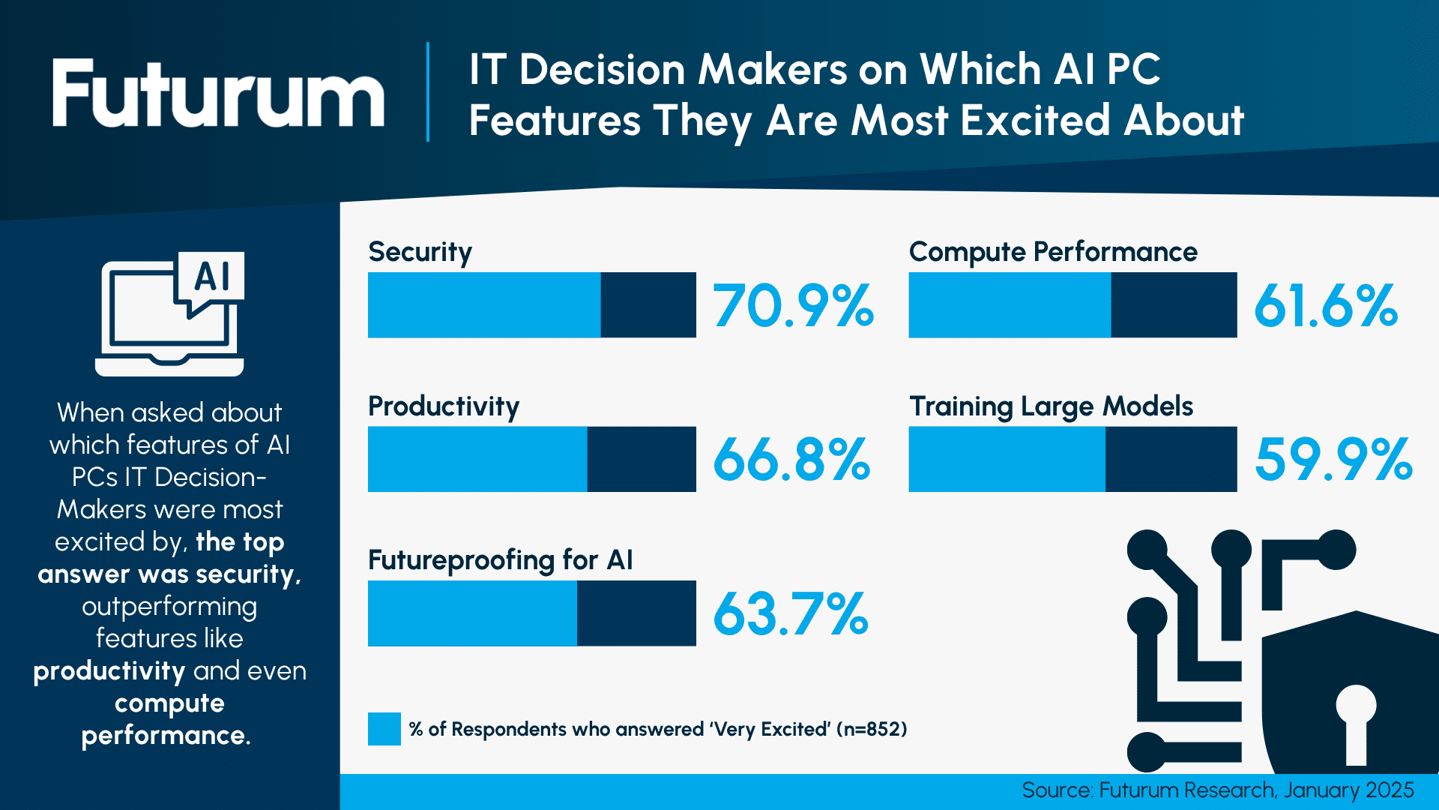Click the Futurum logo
[217, 93]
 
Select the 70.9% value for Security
[793, 306]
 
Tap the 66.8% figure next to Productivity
[791, 460]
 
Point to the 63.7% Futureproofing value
[791, 614]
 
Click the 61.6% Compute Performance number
[1326, 306]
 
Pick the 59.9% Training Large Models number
[1333, 460]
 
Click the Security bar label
[420, 253]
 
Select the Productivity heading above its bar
[444, 406]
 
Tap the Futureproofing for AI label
[500, 560]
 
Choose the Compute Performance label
[1053, 253]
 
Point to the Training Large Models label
[1051, 406]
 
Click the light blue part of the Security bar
[484, 305]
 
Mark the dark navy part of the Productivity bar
[642, 459]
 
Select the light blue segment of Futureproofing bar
[472, 613]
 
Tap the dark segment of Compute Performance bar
[1174, 305]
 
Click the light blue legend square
[384, 729]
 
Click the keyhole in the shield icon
[1356, 724]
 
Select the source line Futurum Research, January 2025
[1217, 790]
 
